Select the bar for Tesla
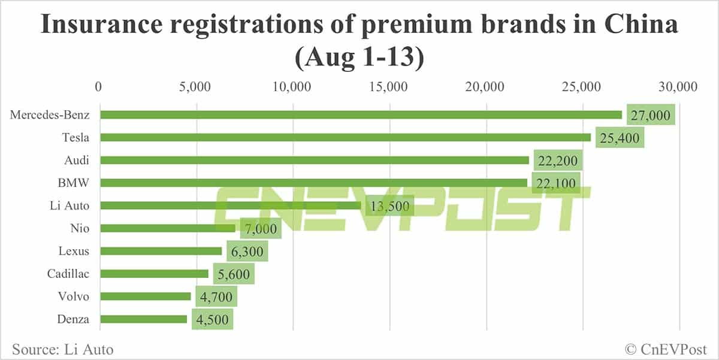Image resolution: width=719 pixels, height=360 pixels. coord(345,138)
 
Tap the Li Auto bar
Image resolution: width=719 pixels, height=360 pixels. coord(231,205)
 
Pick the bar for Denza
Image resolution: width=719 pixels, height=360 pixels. coord(144,319)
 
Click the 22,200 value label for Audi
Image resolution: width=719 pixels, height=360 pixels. coord(557,161)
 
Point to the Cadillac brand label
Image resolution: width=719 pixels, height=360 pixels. coord(68,274)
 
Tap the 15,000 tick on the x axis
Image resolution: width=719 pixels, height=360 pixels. coord(390,87)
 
